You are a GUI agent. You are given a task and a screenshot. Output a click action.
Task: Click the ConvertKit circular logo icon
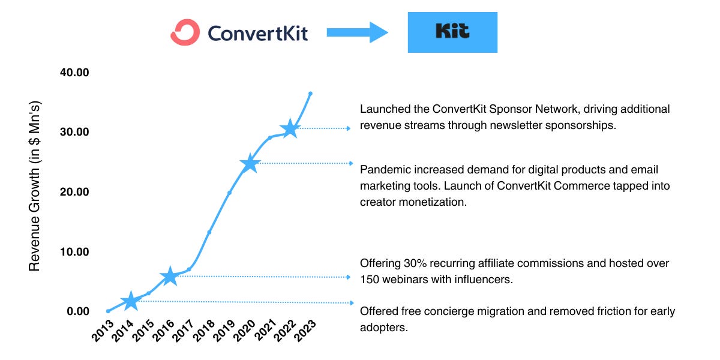(185, 32)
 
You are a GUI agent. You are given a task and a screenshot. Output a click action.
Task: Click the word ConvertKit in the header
(257, 32)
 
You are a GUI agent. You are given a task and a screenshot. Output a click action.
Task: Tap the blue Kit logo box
(452, 32)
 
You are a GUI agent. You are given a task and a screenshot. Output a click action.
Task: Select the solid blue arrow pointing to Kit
(358, 32)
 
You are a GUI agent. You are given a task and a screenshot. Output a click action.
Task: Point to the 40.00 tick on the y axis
(74, 72)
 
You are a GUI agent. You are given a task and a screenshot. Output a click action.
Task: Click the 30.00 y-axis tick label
(74, 132)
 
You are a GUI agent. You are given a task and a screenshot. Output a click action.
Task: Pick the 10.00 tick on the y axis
(74, 251)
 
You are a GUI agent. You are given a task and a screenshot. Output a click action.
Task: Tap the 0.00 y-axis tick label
(77, 311)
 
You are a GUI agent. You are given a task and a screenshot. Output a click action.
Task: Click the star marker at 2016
(170, 276)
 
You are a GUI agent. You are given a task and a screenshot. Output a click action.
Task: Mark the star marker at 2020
(250, 163)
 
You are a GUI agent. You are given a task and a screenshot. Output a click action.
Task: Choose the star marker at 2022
(290, 128)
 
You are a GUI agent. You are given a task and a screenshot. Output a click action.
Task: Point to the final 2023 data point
(310, 94)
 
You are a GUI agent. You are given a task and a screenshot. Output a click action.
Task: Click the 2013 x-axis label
(102, 331)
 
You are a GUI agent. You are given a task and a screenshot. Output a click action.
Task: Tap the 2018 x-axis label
(203, 331)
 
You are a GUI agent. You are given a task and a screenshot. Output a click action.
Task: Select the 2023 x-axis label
(303, 331)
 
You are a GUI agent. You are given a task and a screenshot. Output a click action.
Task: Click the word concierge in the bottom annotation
(449, 311)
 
